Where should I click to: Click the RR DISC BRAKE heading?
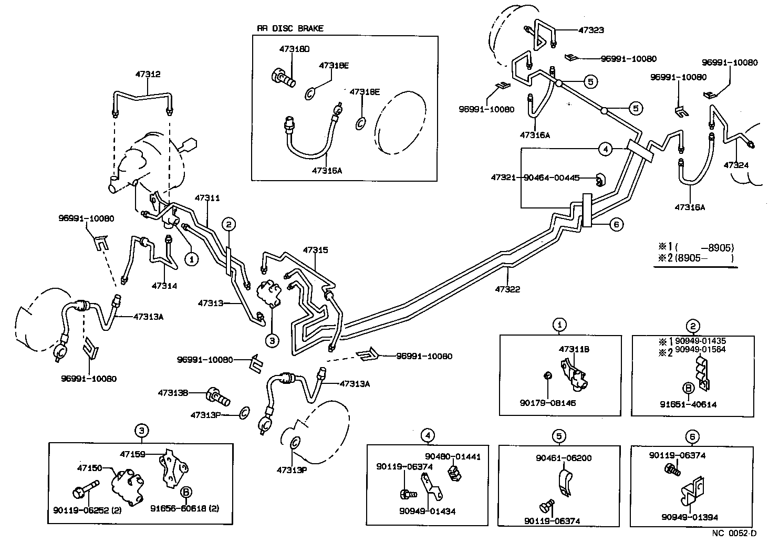click(290, 28)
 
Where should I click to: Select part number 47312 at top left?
click(149, 75)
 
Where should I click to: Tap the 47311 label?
click(207, 199)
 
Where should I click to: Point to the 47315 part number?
click(315, 250)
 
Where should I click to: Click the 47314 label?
click(164, 286)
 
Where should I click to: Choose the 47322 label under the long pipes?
click(507, 289)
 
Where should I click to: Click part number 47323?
click(591, 30)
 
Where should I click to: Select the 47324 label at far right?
click(736, 165)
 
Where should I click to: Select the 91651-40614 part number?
click(688, 404)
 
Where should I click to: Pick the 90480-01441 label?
click(453, 457)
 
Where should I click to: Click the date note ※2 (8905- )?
click(694, 258)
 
